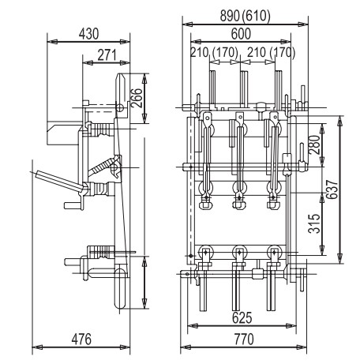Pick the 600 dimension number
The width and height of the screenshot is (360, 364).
pos(241,35)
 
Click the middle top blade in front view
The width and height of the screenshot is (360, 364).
pos(243,83)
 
